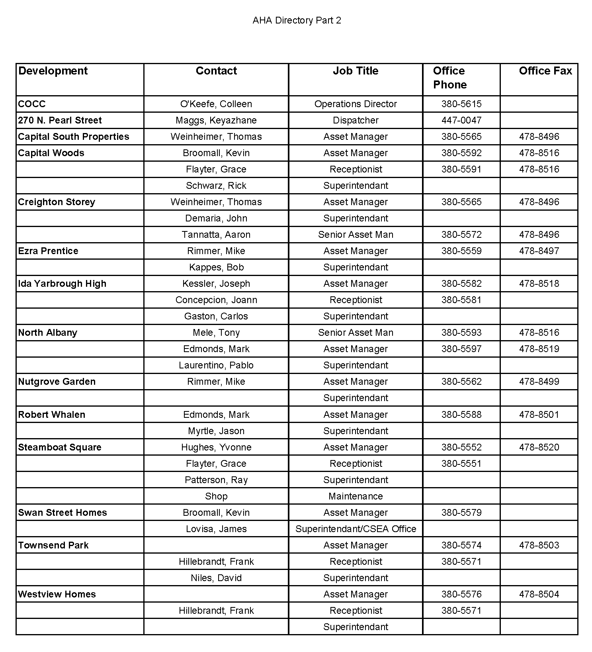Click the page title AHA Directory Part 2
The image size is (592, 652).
297,20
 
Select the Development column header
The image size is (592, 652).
53,71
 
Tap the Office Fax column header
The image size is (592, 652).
545,71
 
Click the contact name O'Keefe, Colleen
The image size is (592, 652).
216,104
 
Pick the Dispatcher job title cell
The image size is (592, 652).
356,120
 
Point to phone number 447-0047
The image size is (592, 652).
461,120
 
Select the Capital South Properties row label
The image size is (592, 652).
74,137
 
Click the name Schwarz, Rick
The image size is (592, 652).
216,186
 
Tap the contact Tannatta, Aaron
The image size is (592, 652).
216,235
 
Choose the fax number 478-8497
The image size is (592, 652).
539,251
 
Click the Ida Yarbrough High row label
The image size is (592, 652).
62,284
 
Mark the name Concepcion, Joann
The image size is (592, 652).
216,300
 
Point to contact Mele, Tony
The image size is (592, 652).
216,333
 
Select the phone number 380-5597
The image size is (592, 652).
461,349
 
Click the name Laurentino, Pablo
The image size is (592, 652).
216,365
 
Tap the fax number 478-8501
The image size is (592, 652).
539,415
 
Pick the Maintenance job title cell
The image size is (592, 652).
356,496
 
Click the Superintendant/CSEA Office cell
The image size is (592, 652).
356,529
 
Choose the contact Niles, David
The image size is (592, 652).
216,578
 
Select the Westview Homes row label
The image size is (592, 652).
57,594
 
